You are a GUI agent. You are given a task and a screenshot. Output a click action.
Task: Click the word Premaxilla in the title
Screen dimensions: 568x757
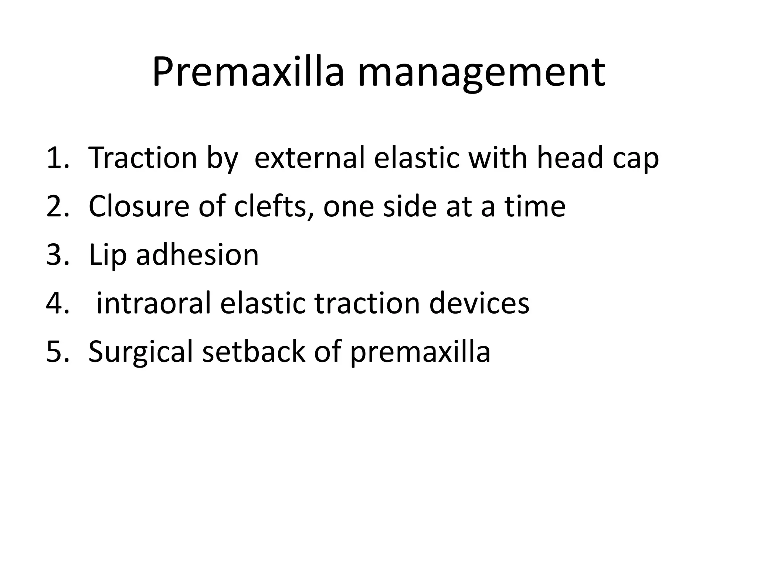[248, 72]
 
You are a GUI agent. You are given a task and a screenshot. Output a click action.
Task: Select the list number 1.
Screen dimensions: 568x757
[57, 158]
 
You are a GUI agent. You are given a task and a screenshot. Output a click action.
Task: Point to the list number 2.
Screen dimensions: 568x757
[57, 206]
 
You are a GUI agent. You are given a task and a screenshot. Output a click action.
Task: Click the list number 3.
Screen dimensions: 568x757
[57, 255]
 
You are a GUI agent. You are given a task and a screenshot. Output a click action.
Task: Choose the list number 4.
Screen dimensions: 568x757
[57, 303]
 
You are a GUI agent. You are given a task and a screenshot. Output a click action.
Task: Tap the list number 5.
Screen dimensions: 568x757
[57, 352]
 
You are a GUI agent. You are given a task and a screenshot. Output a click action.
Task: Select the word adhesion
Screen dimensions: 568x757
[197, 255]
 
